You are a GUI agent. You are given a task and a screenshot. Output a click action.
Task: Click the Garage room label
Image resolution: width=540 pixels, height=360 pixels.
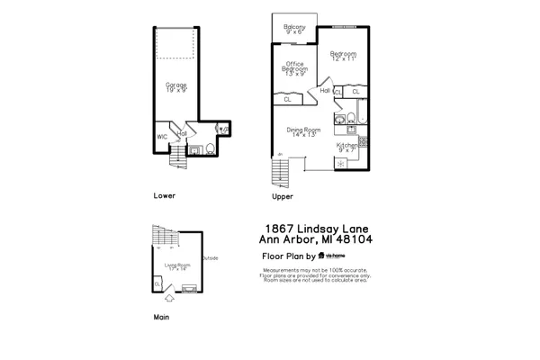175,87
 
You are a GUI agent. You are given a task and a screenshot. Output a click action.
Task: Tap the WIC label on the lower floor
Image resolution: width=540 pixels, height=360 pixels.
162,137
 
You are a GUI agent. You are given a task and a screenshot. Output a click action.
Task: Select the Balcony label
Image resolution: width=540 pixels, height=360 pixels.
294,30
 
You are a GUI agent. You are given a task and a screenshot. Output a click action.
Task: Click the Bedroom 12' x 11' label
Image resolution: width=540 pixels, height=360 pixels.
343,57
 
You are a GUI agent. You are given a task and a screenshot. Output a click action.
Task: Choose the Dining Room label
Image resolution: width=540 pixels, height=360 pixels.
303,132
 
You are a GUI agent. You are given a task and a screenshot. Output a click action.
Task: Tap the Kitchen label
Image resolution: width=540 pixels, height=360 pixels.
347,147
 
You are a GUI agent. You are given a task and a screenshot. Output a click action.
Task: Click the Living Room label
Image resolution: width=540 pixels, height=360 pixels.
176,266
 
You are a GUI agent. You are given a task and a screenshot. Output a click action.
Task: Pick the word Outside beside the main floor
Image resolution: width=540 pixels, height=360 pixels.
210,258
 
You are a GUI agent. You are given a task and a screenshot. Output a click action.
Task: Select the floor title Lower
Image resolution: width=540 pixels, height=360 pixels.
164,195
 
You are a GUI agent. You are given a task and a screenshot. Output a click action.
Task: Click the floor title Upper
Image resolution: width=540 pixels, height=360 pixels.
282,196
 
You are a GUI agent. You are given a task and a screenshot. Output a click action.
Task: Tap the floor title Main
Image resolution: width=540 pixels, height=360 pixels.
161,317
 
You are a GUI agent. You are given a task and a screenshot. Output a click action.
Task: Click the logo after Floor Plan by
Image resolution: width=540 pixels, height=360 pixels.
334,256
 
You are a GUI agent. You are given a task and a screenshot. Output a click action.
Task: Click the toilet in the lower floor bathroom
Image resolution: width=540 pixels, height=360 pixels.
210,149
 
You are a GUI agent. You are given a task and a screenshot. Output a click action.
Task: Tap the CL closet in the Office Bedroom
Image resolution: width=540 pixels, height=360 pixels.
288,100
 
